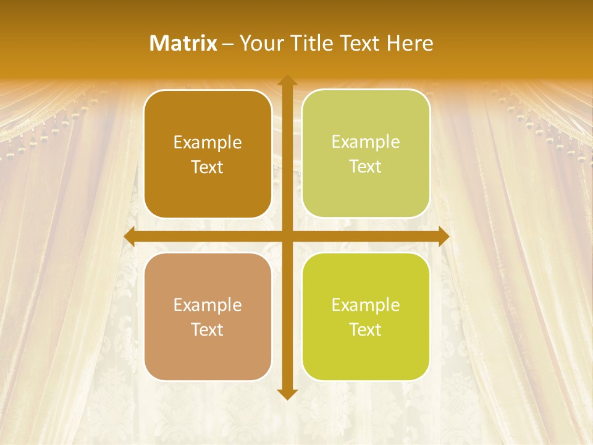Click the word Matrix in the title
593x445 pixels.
(183, 43)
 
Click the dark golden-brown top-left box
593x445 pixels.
(208, 154)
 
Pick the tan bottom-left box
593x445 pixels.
(208, 316)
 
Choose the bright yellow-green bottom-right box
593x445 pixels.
(366, 316)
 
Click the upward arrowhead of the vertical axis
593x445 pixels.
(287, 81)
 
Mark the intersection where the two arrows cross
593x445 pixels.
(287, 237)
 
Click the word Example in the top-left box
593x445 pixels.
(208, 143)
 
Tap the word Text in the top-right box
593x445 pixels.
(366, 167)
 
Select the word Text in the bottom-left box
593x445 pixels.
(208, 329)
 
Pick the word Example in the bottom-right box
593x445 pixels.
(366, 305)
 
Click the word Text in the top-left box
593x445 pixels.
(208, 167)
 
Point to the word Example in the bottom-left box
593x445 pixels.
(208, 305)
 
